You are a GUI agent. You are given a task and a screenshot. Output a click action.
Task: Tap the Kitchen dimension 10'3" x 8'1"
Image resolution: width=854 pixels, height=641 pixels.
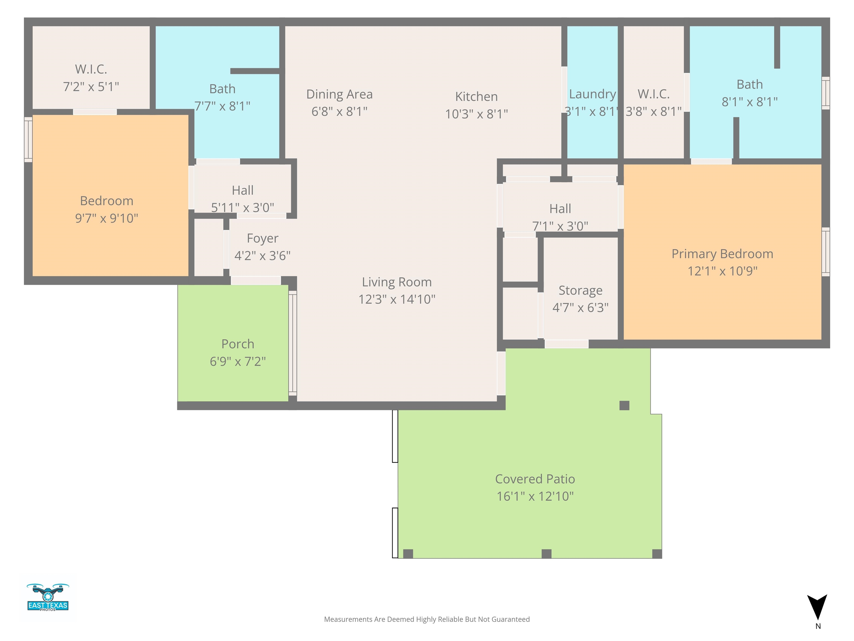pyautogui.click(x=476, y=114)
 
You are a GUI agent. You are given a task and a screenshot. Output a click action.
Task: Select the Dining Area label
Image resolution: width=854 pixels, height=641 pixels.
pyautogui.click(x=339, y=94)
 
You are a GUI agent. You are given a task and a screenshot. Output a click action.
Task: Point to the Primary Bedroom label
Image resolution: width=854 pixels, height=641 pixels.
pyautogui.click(x=722, y=254)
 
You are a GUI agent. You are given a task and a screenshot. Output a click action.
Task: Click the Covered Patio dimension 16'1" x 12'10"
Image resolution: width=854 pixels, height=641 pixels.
pyautogui.click(x=535, y=496)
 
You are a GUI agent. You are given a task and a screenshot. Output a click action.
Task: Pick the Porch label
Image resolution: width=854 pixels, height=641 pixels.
pyautogui.click(x=238, y=344)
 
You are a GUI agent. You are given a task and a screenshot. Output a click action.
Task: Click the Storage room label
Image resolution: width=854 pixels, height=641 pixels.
pyautogui.click(x=580, y=290)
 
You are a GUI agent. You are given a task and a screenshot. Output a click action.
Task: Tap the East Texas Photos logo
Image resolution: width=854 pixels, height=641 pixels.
pyautogui.click(x=48, y=597)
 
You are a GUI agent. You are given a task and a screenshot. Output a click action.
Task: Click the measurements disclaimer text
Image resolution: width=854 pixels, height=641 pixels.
pyautogui.click(x=427, y=619)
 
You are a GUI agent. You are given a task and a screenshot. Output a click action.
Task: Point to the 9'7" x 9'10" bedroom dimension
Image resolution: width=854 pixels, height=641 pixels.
pyautogui.click(x=106, y=218)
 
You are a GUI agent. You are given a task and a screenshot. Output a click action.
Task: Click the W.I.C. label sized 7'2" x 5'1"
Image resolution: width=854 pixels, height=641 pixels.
pyautogui.click(x=91, y=69)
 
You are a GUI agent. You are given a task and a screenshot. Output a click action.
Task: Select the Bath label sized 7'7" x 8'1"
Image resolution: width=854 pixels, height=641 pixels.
pyautogui.click(x=222, y=89)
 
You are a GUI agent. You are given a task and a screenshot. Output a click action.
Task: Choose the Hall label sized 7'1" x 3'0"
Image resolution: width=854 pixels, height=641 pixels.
pyautogui.click(x=560, y=209)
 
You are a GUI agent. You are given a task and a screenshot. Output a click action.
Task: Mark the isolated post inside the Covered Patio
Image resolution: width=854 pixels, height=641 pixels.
pyautogui.click(x=624, y=405)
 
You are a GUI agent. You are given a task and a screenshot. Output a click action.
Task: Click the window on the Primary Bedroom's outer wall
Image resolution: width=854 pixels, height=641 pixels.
pyautogui.click(x=825, y=252)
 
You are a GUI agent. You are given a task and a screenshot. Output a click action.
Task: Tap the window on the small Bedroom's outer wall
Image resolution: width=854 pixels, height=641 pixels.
pyautogui.click(x=28, y=139)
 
